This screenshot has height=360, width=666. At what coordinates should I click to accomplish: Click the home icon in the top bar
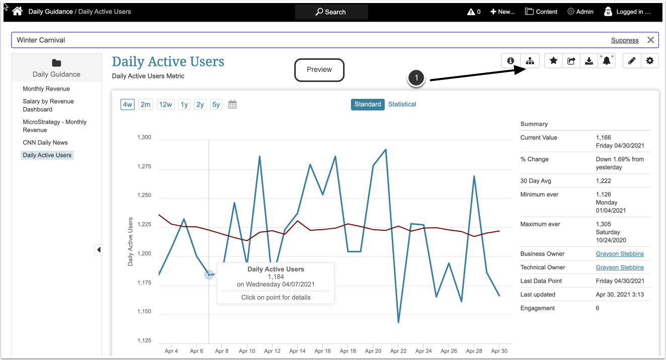point(18,11)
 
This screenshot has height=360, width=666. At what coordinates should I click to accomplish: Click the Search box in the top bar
point(331,12)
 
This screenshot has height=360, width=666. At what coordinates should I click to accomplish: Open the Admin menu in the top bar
point(580,12)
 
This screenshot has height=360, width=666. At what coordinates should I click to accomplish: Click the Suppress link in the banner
point(625,40)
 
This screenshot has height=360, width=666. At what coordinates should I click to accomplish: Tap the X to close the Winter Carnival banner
point(650,40)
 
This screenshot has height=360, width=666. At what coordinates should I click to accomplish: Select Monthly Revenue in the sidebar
point(46,89)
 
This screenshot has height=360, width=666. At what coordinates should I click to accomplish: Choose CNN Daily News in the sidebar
point(45,143)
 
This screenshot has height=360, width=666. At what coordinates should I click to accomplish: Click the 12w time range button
point(165,105)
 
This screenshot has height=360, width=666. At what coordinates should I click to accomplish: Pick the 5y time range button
point(216,105)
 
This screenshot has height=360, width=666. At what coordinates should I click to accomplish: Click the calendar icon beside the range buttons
point(232,105)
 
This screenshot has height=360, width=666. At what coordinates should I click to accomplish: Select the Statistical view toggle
point(402,104)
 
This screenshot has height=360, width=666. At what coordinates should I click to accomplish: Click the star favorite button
point(553,61)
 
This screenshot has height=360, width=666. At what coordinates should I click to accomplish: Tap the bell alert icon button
point(607,61)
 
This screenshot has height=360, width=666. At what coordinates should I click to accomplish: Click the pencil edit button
point(632,61)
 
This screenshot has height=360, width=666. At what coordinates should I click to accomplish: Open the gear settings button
point(650,61)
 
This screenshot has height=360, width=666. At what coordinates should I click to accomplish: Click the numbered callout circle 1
point(417,78)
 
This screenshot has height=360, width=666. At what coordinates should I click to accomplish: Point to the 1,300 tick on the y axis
point(144,137)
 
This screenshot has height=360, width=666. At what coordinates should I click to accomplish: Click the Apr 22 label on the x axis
point(398,351)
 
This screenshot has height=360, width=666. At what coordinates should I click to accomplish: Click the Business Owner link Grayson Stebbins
point(620,254)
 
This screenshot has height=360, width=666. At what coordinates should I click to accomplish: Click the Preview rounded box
point(319,70)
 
